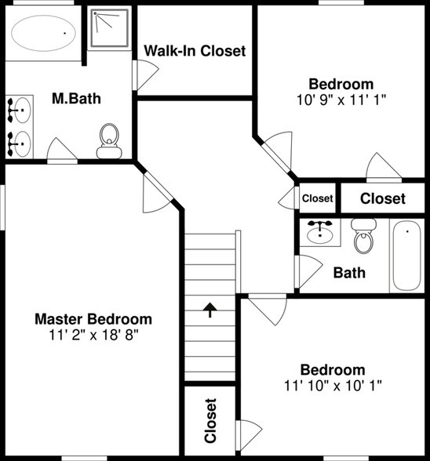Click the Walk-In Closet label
coord(195,51)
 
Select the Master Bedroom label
coord(93,319)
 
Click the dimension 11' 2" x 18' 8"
coord(93,334)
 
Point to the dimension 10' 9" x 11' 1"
coord(341,100)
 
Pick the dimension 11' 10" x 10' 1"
coord(333,385)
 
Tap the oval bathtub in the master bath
coord(44,34)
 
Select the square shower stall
coord(111,30)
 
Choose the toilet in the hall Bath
coord(363,236)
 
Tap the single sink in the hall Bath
coord(320,232)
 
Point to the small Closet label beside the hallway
coord(317,198)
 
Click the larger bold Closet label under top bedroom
coord(383,198)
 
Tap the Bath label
coord(349,274)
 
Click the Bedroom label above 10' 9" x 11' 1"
coord(341,85)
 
